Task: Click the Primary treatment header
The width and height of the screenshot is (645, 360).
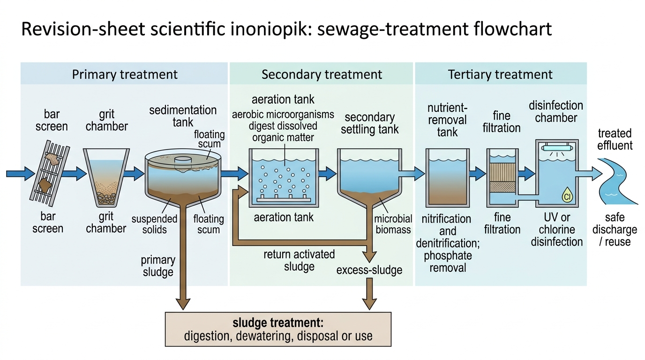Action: (125, 75)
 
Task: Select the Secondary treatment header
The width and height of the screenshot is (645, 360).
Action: (322, 75)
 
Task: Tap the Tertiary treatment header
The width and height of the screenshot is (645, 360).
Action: (500, 75)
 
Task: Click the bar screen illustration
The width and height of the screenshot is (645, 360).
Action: (50, 173)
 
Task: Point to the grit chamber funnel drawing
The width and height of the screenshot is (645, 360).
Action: (106, 178)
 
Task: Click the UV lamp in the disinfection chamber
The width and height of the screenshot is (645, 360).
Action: (557, 148)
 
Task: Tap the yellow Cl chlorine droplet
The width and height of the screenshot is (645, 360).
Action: (568, 195)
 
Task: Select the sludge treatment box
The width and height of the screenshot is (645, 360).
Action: (278, 329)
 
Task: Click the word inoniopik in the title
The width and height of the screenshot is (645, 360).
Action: (269, 29)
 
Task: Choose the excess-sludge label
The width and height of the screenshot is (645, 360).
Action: (369, 270)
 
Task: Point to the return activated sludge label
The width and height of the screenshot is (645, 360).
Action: (299, 260)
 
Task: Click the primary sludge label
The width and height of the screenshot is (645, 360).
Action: (158, 266)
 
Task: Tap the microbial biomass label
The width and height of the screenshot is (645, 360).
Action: (393, 224)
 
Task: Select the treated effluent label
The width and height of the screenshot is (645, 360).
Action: (615, 139)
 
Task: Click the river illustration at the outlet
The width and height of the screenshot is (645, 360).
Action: (616, 181)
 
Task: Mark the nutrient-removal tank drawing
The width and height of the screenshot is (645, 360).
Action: (448, 178)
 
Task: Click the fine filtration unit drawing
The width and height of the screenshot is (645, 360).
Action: (502, 178)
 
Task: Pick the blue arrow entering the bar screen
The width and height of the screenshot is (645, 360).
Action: (21, 173)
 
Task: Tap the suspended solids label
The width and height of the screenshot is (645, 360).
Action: (154, 224)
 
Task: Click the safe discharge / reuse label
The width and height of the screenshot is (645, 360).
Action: (615, 229)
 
